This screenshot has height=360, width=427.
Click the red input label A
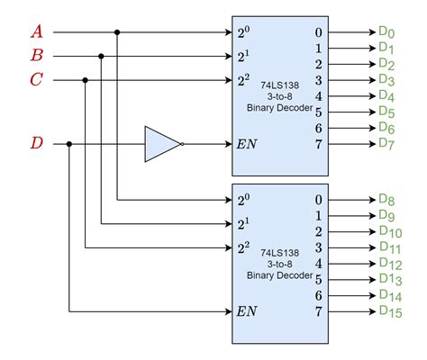click(37, 32)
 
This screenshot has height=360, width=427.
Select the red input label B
click(37, 56)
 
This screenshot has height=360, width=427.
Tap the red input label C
click(37, 80)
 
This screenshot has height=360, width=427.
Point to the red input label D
click(37, 143)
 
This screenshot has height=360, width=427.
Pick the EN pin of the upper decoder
click(248, 143)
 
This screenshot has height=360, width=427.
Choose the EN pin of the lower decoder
click(248, 312)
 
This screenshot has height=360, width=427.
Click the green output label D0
click(387, 32)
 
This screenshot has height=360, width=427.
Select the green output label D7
click(387, 143)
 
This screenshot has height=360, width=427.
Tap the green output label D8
click(387, 201)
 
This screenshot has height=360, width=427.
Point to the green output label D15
click(390, 312)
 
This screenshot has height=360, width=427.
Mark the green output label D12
click(390, 264)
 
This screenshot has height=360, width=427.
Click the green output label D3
click(387, 80)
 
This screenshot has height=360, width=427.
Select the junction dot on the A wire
click(117, 32)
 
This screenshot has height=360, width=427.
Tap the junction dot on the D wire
click(69, 143)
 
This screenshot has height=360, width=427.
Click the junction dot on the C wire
click(86, 80)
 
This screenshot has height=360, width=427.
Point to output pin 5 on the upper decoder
click(320, 112)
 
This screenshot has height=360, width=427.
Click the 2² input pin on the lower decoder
click(243, 247)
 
